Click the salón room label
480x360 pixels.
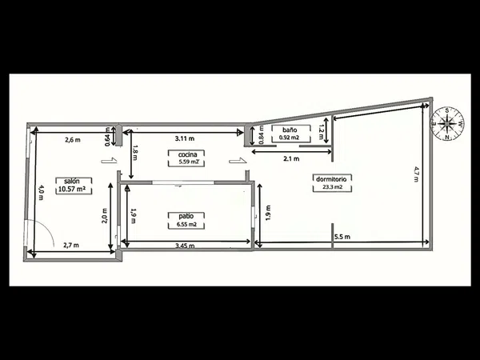pyautogui.click(x=72, y=181)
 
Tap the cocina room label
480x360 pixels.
pyautogui.click(x=187, y=154)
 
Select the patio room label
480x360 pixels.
pyautogui.click(x=186, y=216)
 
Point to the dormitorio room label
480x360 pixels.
pyautogui.click(x=331, y=178)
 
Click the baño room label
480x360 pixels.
pyautogui.click(x=290, y=130)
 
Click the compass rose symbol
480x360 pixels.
pyautogui.click(x=447, y=124)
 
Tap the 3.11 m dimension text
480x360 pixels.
pyautogui.click(x=185, y=138)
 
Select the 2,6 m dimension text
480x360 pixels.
pyautogui.click(x=73, y=140)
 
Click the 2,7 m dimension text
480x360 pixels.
pyautogui.click(x=71, y=246)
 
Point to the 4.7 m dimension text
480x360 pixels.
pyautogui.click(x=416, y=174)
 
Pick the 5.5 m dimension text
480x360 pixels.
pyautogui.click(x=342, y=237)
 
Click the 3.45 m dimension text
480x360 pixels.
pyautogui.click(x=185, y=246)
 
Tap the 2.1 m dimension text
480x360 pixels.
pyautogui.click(x=291, y=158)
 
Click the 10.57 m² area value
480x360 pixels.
pyautogui.click(x=72, y=189)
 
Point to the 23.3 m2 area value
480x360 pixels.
pyautogui.click(x=333, y=187)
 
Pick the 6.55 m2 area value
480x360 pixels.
pyautogui.click(x=186, y=225)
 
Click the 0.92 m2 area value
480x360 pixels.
pyautogui.click(x=290, y=138)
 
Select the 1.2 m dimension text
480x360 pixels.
pyautogui.click(x=321, y=132)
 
